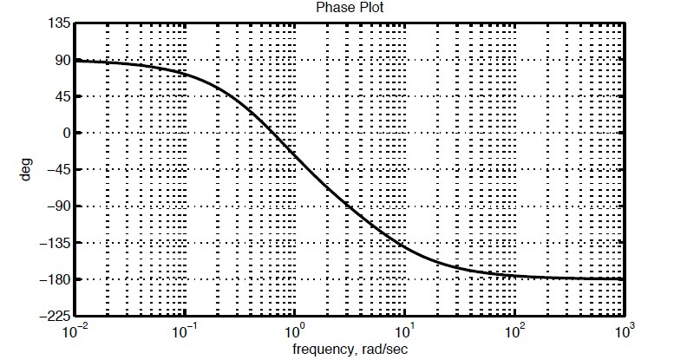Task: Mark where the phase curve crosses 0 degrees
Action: click(272, 133)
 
